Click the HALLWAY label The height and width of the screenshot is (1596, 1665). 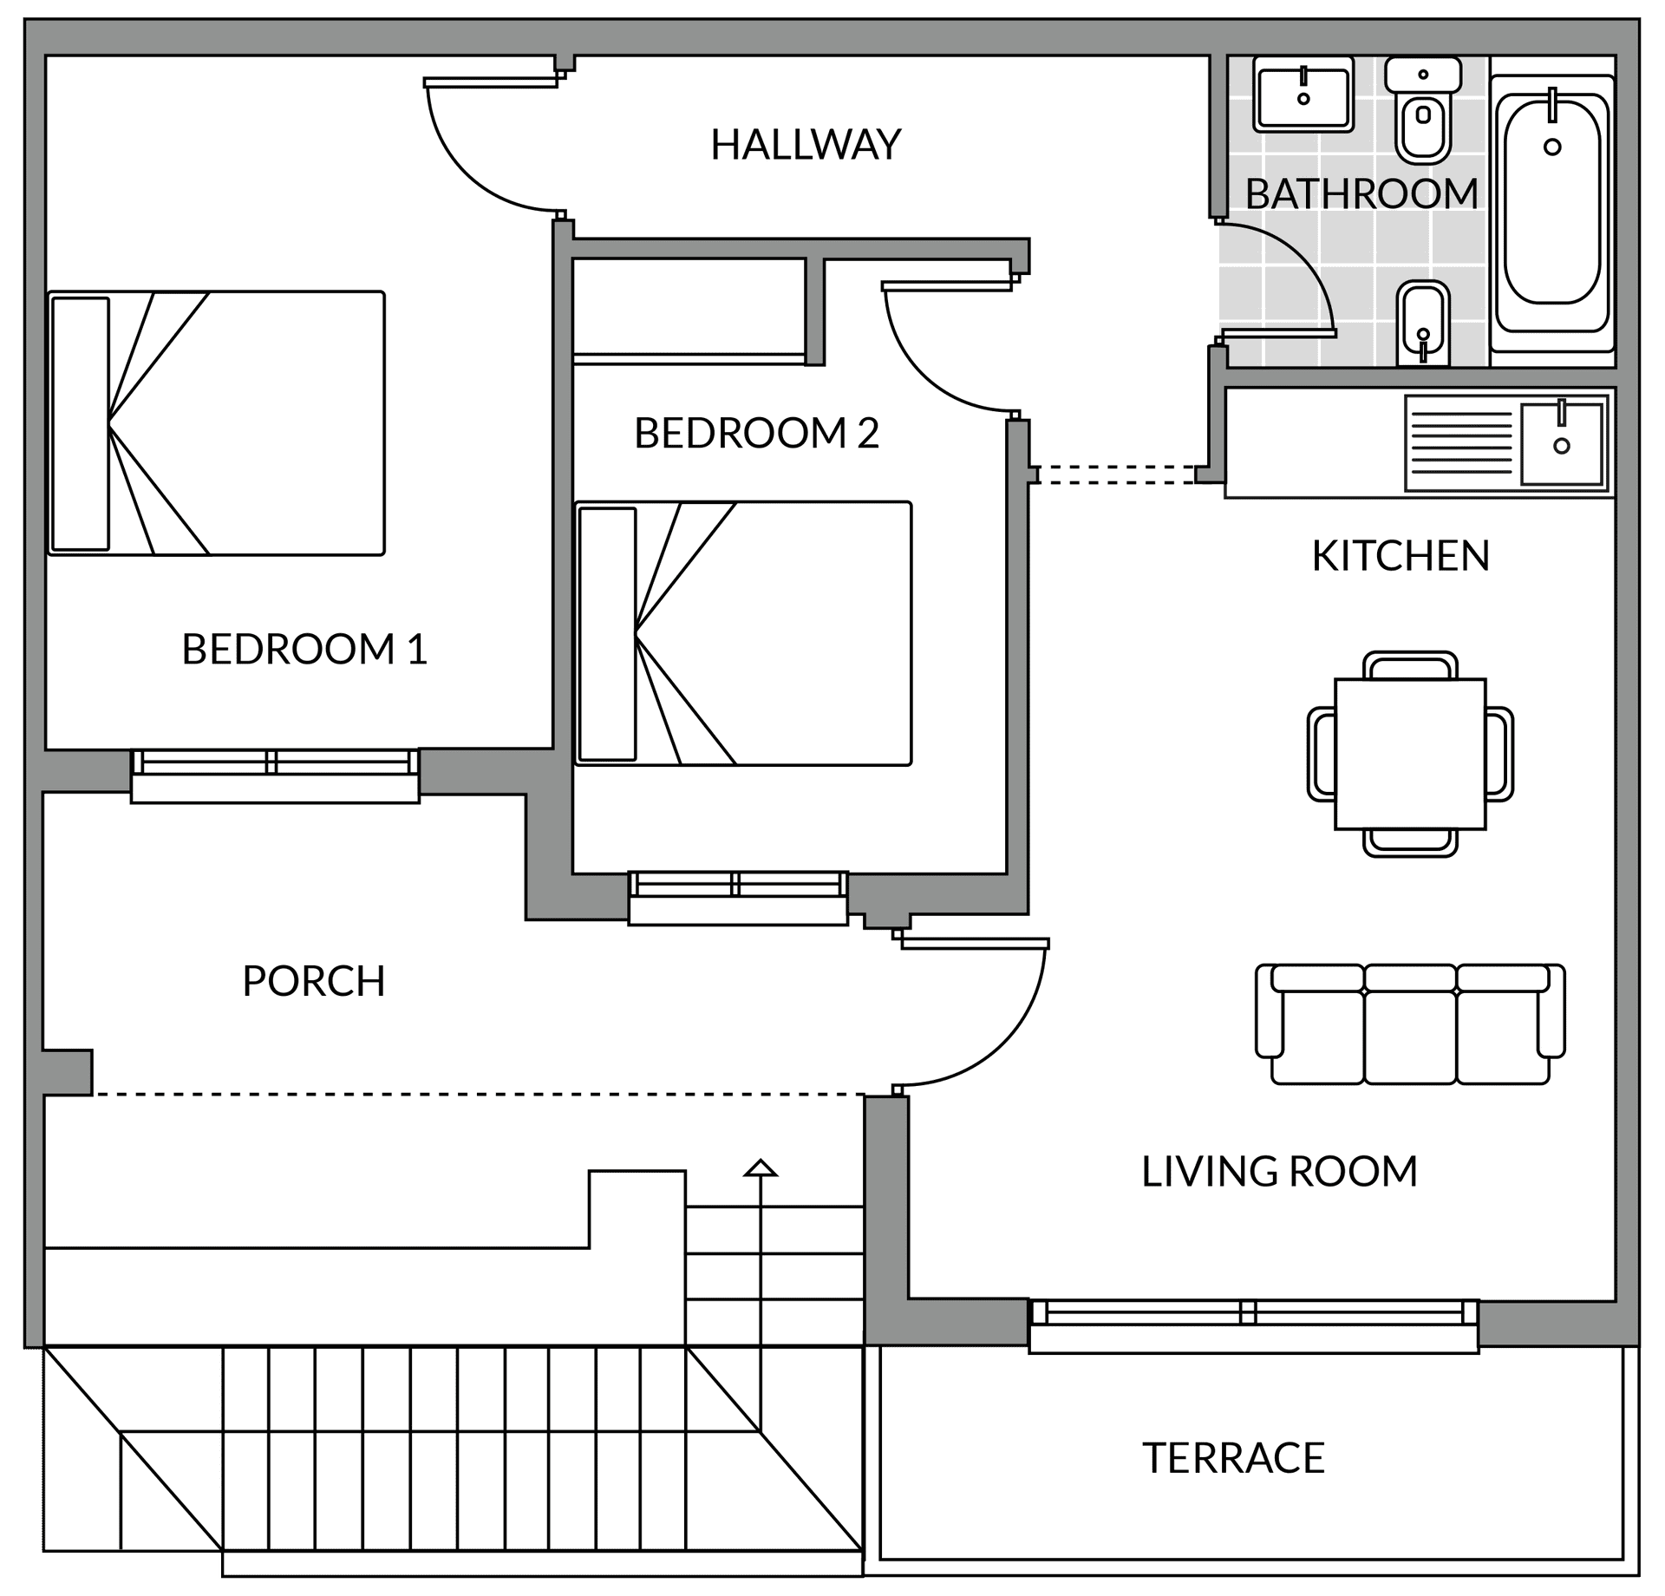806,145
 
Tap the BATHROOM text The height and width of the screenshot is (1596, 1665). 1361,193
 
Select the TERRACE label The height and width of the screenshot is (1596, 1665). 1233,1458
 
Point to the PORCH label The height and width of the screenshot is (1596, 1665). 313,981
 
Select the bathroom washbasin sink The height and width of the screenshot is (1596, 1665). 1303,95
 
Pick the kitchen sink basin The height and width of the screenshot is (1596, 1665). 1562,443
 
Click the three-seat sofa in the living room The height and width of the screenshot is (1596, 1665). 1410,1024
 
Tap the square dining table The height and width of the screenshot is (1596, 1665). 1410,754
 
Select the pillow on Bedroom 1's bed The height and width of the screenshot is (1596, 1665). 81,424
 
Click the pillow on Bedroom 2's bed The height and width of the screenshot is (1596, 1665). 607,634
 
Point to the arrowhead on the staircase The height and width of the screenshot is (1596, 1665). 761,1168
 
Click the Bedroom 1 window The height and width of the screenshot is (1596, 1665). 275,775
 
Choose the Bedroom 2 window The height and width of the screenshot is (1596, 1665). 738,899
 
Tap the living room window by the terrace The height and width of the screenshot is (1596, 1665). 1254,1325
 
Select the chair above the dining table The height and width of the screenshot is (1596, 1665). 1410,665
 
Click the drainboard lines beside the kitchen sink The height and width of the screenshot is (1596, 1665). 1461,442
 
